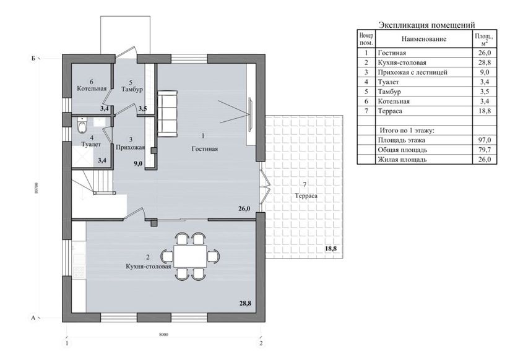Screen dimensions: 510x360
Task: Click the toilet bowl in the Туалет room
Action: [82, 125]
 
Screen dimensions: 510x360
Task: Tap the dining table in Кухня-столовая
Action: [190, 256]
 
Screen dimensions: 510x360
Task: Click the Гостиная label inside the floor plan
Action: [205, 149]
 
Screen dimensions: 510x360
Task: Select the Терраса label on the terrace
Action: [306, 195]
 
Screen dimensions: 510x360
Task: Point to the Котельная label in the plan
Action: [92, 88]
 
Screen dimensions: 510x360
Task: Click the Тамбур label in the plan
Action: [132, 89]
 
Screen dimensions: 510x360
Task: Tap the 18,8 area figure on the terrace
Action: [331, 249]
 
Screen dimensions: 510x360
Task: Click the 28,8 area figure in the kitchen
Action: [245, 304]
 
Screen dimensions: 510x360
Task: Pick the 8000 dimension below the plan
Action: [164, 335]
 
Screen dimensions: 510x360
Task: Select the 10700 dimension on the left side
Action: [37, 188]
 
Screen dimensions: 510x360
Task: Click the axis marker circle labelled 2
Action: [261, 343]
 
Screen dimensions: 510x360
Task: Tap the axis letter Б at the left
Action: [33, 59]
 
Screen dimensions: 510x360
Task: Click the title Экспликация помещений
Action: [426, 25]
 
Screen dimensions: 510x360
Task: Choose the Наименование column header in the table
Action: [424, 39]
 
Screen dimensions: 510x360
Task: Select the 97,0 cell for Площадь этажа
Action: [485, 140]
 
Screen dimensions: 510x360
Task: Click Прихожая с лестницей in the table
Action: [412, 72]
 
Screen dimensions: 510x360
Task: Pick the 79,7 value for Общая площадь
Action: [485, 150]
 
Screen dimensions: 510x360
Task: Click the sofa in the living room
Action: [168, 113]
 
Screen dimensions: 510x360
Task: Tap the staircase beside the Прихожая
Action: [93, 182]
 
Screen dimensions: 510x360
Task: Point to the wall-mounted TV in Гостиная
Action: [251, 114]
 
